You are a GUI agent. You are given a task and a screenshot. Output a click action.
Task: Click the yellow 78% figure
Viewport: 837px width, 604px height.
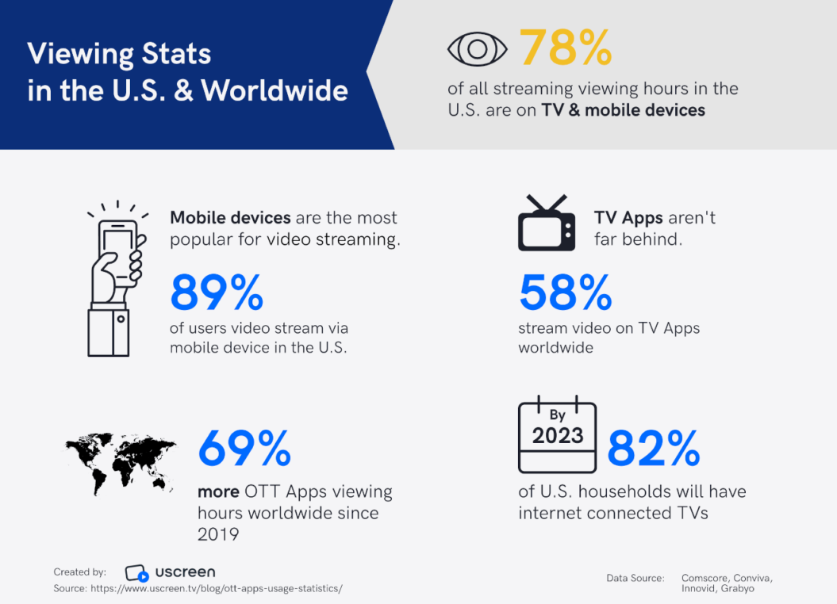[x=566, y=48]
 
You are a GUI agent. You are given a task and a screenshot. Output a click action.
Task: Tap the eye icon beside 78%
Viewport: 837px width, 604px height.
[x=477, y=49]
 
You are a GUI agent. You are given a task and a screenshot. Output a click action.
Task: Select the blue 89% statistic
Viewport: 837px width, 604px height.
[x=217, y=292]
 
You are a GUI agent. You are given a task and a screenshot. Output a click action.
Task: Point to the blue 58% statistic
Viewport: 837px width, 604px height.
[x=565, y=292]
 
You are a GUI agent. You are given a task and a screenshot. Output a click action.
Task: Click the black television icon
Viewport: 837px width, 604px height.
[x=546, y=224]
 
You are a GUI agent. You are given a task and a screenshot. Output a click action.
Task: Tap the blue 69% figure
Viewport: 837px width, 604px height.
[x=244, y=448]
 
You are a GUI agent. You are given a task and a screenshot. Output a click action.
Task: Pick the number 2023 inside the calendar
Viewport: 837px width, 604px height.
[x=557, y=436]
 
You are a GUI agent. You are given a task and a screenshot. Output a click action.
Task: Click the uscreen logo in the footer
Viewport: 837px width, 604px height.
[x=170, y=572]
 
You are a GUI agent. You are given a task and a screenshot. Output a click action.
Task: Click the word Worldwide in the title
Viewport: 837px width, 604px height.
[x=275, y=90]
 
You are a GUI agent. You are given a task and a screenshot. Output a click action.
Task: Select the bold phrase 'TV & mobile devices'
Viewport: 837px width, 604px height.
[x=623, y=110]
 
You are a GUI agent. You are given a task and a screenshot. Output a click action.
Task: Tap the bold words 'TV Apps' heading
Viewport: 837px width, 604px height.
[x=628, y=217]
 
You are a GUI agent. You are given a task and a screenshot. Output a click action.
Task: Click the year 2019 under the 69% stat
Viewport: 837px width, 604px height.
[x=218, y=534]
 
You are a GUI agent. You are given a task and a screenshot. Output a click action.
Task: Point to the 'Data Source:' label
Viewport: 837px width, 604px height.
[x=635, y=578]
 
